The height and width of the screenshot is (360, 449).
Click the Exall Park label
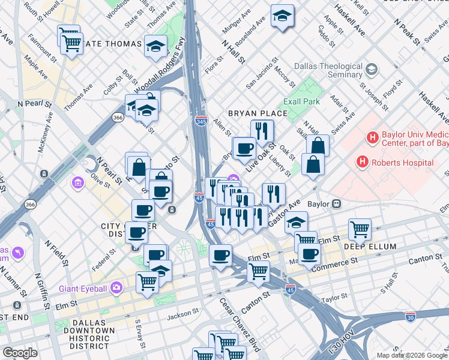[303, 101]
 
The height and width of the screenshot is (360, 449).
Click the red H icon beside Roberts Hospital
[362, 162]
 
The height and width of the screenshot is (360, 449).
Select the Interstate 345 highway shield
[201, 121]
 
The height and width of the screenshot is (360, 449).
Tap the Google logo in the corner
[19, 353]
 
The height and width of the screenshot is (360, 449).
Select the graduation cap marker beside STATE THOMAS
[155, 46]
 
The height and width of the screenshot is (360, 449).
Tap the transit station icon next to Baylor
[337, 204]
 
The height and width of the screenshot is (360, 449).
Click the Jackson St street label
[182, 313]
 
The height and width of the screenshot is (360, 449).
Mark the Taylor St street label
[335, 298]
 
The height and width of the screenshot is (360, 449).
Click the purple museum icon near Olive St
[77, 182]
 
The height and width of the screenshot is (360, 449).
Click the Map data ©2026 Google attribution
[412, 355]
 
